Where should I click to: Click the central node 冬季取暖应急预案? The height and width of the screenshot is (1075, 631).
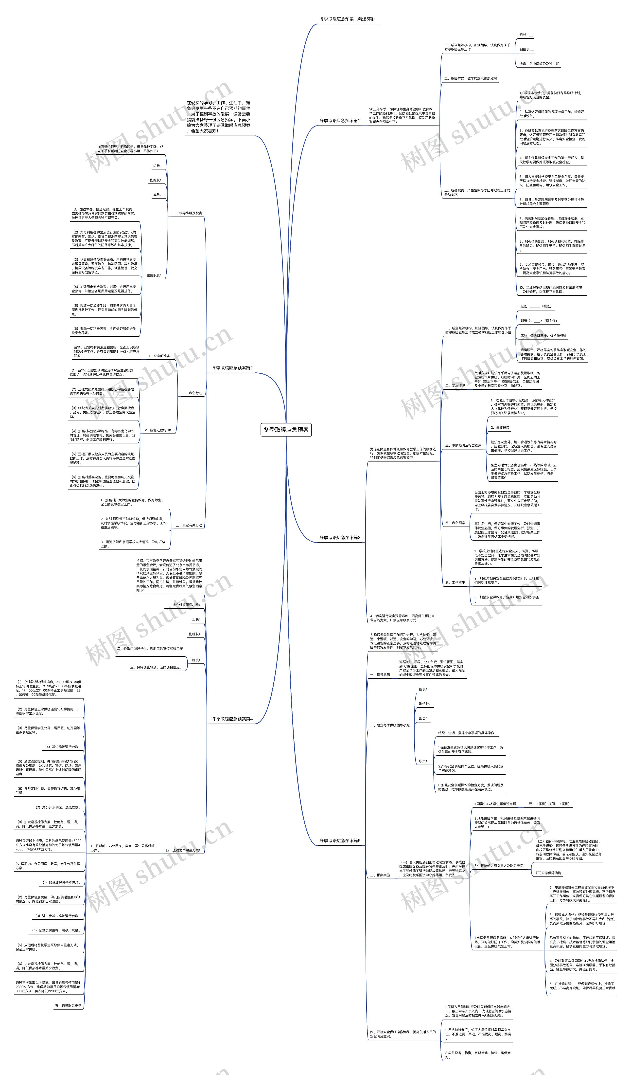click(x=286, y=430)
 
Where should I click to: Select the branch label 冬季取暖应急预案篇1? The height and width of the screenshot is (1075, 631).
click(x=339, y=121)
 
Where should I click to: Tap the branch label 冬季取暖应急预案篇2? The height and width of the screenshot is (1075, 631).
click(x=232, y=368)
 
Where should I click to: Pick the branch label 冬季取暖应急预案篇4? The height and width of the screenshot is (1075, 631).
click(x=232, y=719)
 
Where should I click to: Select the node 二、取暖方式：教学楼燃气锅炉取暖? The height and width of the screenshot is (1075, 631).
click(x=470, y=78)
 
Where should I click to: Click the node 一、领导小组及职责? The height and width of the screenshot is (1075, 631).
click(x=187, y=213)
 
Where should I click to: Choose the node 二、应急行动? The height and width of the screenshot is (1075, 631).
click(x=192, y=393)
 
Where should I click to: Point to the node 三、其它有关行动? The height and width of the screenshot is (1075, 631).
click(x=189, y=525)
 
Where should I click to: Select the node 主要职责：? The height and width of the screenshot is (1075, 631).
click(x=154, y=275)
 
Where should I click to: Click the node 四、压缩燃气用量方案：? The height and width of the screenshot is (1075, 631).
click(x=182, y=850)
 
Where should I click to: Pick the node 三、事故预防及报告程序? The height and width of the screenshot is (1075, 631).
click(x=463, y=445)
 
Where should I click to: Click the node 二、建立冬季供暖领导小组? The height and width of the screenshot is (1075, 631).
click(x=390, y=725)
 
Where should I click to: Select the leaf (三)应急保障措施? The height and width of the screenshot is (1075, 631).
click(x=548, y=873)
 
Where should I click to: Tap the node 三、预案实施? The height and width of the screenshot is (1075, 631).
click(x=380, y=875)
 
